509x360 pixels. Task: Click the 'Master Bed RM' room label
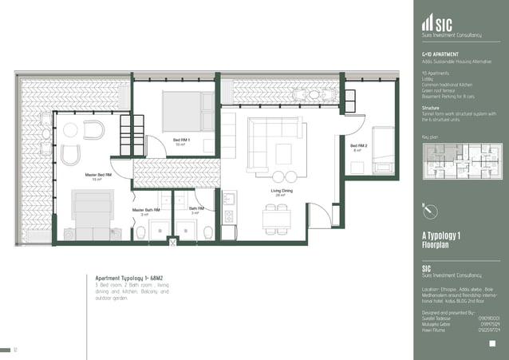98,175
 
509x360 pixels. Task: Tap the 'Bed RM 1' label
181,141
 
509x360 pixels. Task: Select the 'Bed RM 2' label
358,147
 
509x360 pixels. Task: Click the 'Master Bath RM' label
146,211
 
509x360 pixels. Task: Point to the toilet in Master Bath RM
141,231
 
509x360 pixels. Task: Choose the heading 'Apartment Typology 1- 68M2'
129,279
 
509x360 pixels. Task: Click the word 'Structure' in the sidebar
431,107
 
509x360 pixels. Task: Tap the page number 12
14,350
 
